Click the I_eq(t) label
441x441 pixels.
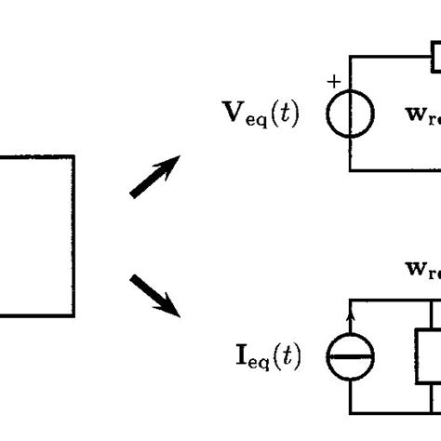pyautogui.click(x=264, y=354)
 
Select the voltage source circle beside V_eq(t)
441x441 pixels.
pyautogui.click(x=351, y=115)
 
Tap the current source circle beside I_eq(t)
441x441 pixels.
pyautogui.click(x=351, y=355)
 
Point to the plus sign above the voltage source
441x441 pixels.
pyautogui.click(x=333, y=82)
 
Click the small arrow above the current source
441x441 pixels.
pyautogui.click(x=351, y=323)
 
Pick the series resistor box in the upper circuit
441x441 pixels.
pyautogui.click(x=435, y=59)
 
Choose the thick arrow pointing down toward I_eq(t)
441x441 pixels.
pyautogui.click(x=154, y=294)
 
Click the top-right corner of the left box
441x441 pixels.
pyautogui.click(x=73, y=157)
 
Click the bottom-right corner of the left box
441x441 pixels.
pyautogui.click(x=73, y=316)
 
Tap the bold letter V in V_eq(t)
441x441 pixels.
pyautogui.click(x=224, y=117)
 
